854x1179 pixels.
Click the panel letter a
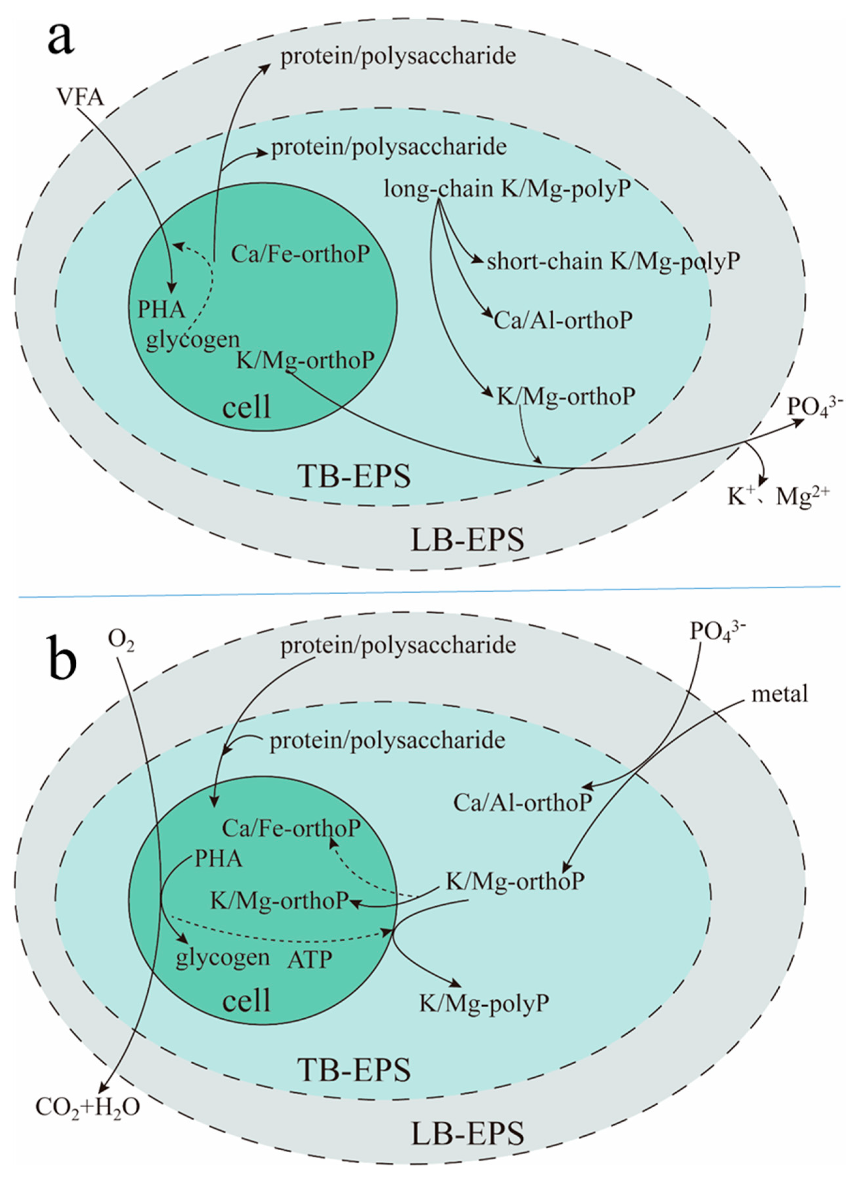61,39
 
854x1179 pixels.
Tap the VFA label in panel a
81,97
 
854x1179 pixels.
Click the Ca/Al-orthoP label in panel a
563,321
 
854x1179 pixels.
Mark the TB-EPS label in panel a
354,476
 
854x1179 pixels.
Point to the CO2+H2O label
87,1108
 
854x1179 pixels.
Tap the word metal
780,694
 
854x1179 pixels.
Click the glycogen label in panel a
192,340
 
